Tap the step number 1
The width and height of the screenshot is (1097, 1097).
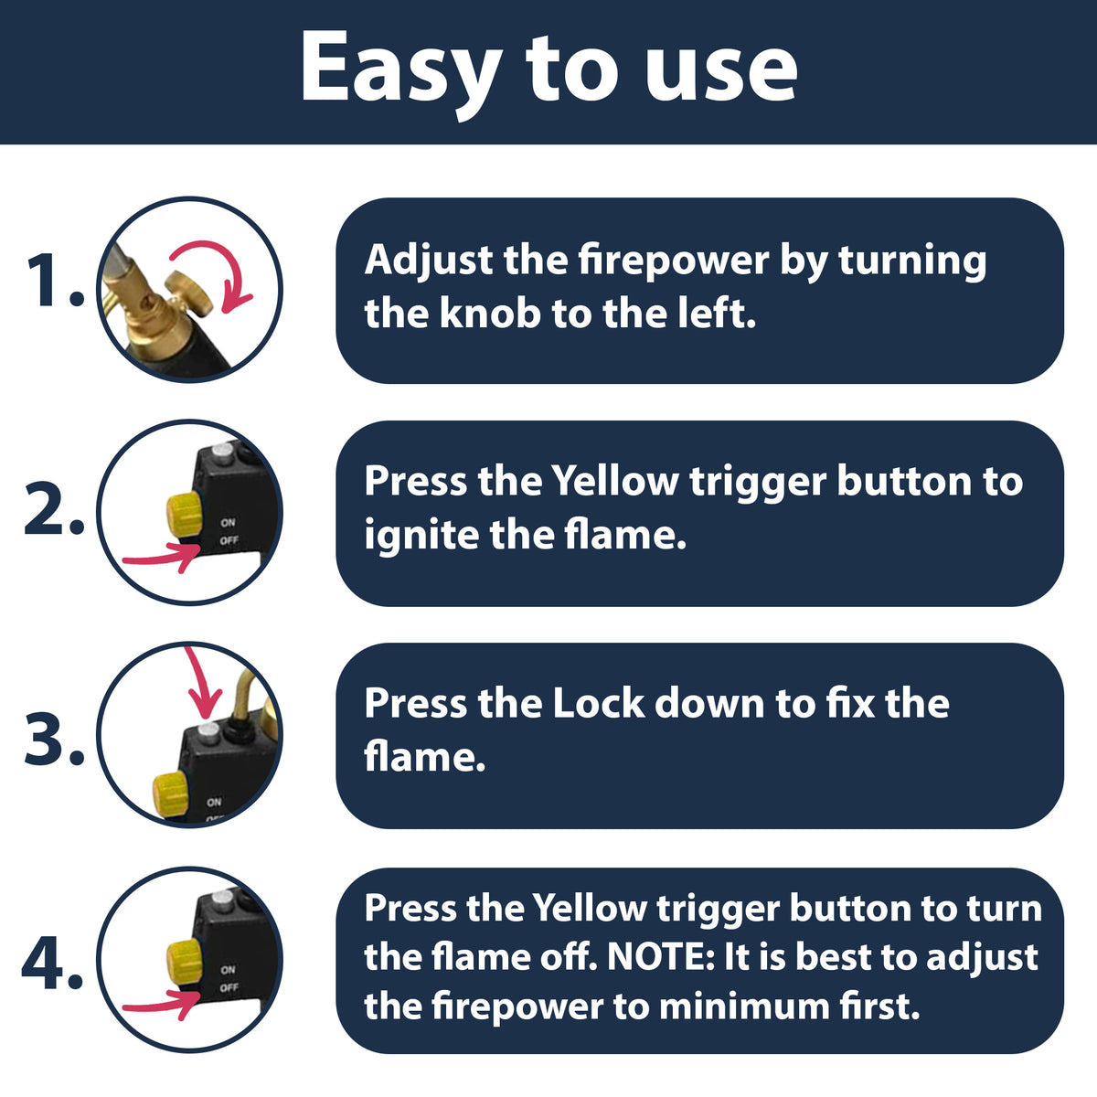tap(55, 282)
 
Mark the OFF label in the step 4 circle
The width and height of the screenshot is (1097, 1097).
tap(229, 987)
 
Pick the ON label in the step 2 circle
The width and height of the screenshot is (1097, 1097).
tap(229, 522)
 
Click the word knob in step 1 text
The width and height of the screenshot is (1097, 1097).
tap(490, 314)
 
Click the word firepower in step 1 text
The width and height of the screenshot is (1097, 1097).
tap(674, 261)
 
